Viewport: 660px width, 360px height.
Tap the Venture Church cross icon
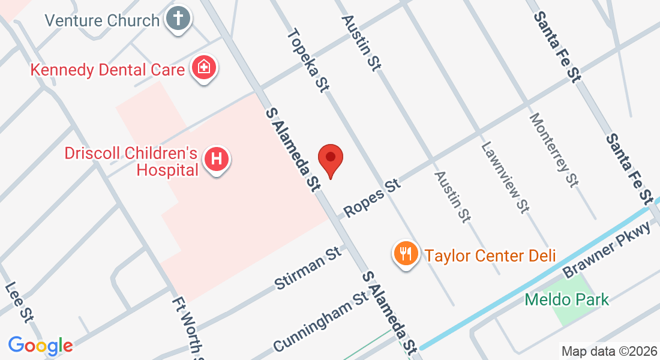click(x=178, y=19)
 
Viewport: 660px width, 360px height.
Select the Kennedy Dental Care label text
click(x=107, y=70)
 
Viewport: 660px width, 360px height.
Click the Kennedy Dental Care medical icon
click(x=204, y=68)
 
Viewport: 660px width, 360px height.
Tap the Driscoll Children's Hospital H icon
click(x=217, y=160)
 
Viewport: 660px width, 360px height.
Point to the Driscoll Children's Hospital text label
click(x=131, y=161)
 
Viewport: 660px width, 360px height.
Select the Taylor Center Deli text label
click(x=491, y=256)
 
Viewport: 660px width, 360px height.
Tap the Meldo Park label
click(x=567, y=299)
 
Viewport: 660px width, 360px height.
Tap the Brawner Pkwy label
click(x=607, y=253)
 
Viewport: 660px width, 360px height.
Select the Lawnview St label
click(x=505, y=177)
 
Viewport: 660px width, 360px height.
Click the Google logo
click(x=40, y=345)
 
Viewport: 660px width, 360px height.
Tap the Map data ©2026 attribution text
click(x=608, y=351)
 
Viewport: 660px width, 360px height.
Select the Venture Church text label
click(x=103, y=20)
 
